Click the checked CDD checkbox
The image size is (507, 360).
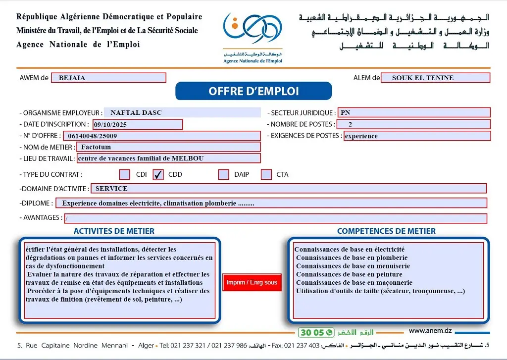(158, 174)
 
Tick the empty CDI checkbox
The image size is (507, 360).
(125, 174)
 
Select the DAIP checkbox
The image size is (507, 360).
(224, 174)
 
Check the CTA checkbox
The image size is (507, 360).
(266, 174)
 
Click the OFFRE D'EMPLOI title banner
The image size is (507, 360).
(253, 91)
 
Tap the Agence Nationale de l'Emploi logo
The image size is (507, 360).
(253, 37)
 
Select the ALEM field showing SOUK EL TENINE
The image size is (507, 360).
(435, 78)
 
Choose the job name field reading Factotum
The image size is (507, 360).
(168, 147)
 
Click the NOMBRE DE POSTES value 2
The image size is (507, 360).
(413, 124)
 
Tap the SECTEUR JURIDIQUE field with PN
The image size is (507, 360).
(413, 112)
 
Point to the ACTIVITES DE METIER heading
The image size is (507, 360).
(114, 231)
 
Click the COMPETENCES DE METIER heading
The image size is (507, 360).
(386, 231)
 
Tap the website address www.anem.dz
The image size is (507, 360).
(430, 331)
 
